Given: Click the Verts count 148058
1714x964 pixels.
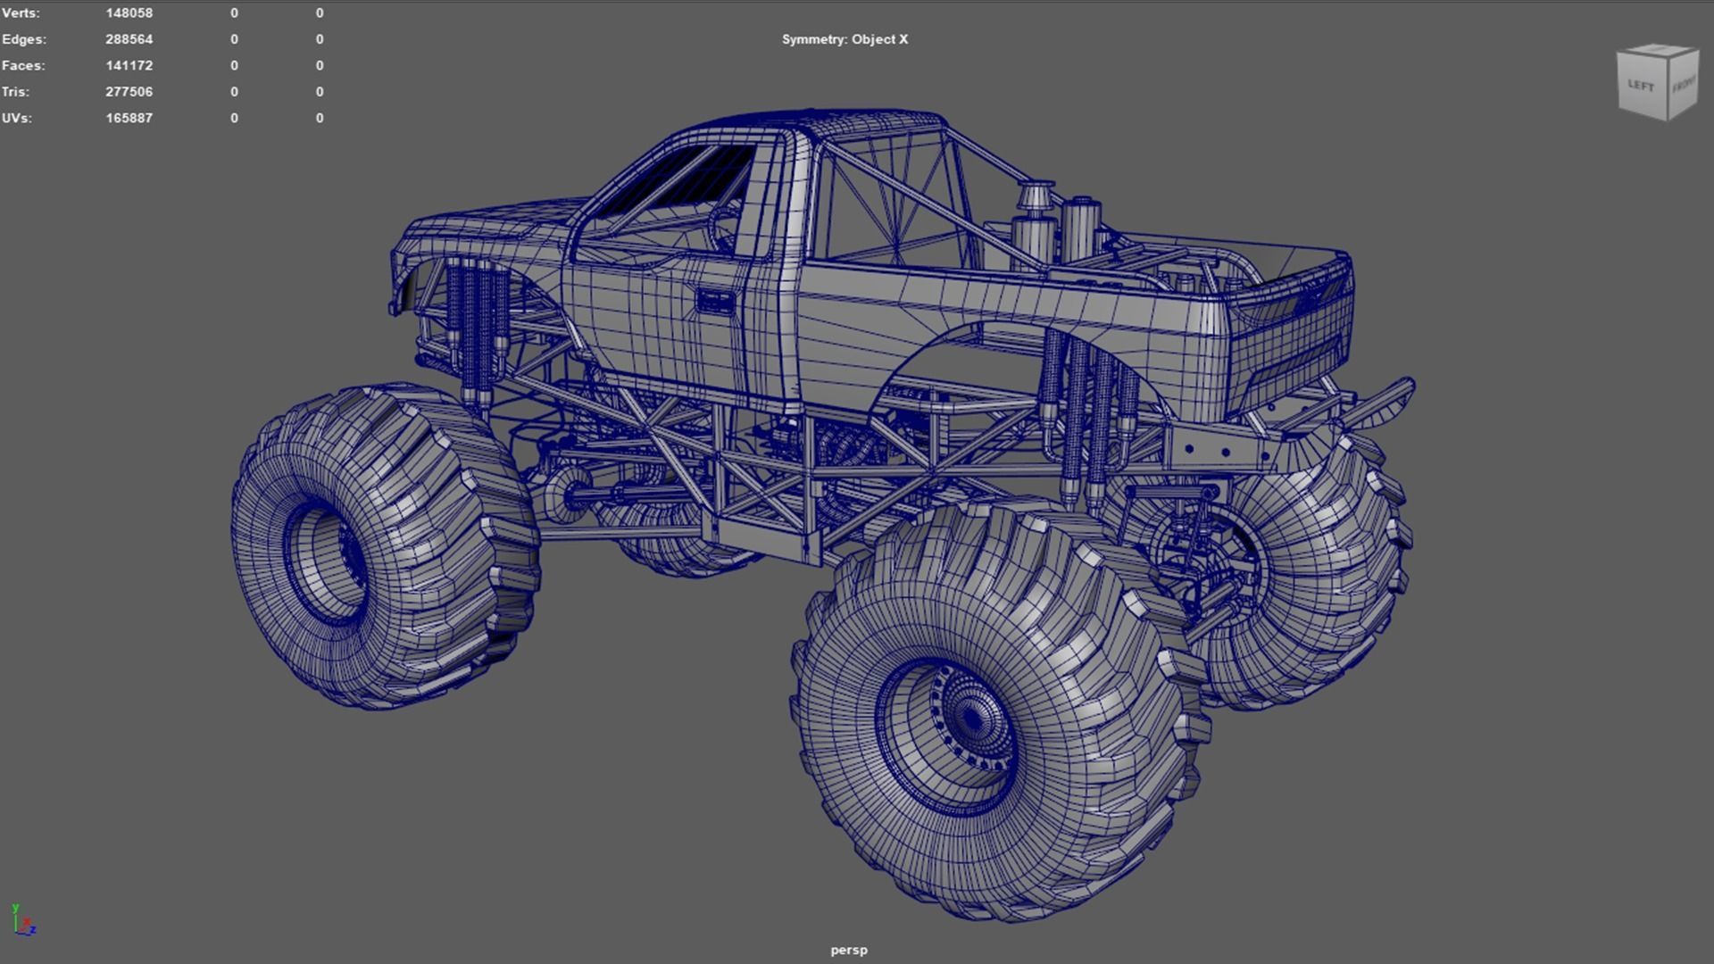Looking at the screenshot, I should (x=129, y=13).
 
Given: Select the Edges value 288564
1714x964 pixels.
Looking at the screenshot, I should (x=129, y=39).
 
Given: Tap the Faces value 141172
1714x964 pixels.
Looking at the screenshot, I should (x=129, y=65).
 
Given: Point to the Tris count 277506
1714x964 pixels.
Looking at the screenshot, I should (x=129, y=92).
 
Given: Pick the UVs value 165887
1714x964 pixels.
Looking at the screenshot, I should (x=129, y=118).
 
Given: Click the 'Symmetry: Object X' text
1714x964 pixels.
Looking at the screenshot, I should (x=845, y=39).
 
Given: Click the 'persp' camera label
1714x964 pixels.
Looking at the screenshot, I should (x=848, y=950).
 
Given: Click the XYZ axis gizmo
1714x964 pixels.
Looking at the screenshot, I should (x=23, y=921).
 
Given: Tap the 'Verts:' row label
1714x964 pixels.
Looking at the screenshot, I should (x=21, y=13).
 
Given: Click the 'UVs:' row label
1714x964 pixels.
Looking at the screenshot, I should (x=17, y=118).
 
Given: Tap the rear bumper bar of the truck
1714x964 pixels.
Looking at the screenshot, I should (x=1379, y=402).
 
